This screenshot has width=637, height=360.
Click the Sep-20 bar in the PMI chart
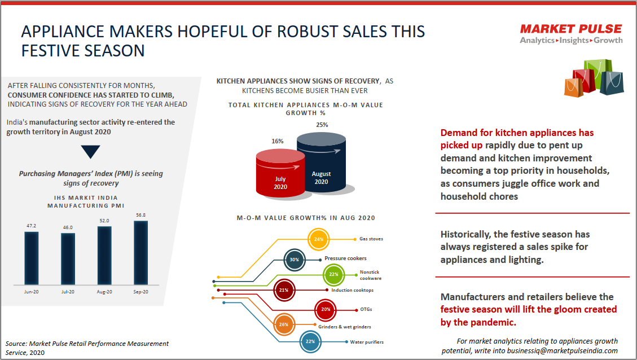coord(140,253)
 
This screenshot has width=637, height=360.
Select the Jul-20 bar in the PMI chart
coord(68,259)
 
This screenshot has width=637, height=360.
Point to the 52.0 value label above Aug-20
coord(104,221)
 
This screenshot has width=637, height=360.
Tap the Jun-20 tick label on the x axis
coord(31,292)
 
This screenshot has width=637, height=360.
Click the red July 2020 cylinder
coord(280,173)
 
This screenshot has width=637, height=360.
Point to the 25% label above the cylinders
coord(322,125)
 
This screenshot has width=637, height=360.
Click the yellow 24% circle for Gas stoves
coord(318,239)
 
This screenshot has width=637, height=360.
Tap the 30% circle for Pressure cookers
coord(294,260)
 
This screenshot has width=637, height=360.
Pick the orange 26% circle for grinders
coord(284,324)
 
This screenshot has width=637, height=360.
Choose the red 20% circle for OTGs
coord(326,309)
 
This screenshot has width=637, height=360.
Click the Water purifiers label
coord(367,342)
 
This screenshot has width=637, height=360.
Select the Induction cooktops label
coord(352,290)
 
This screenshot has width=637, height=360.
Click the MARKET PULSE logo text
coord(571,29)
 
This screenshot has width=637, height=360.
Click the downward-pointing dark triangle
coord(90,152)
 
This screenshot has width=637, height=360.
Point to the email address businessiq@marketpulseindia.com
coord(563,350)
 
